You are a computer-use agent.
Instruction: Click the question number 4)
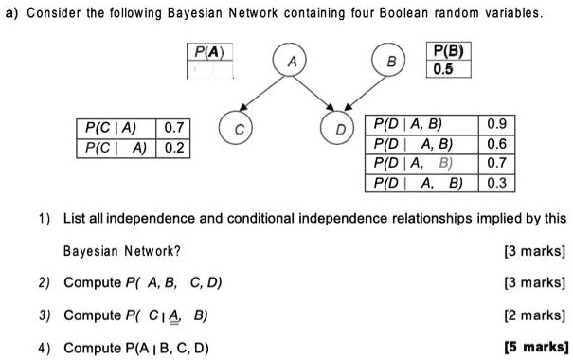point(45,347)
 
